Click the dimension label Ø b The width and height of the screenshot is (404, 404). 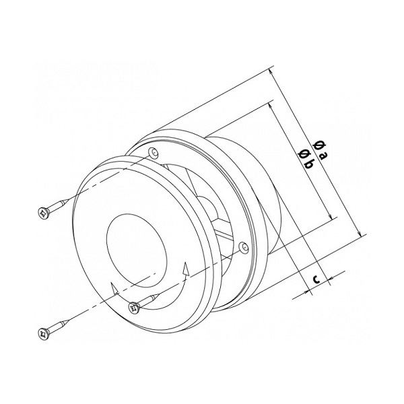pyautogui.click(x=306, y=160)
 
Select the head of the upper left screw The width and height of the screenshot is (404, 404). pyautogui.click(x=44, y=213)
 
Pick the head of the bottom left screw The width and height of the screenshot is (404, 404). pyautogui.click(x=43, y=333)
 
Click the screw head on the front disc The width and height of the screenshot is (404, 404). pyautogui.click(x=134, y=308)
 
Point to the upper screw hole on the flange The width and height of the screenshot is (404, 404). pyautogui.click(x=154, y=153)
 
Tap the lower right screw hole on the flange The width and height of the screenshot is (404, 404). pyautogui.click(x=244, y=248)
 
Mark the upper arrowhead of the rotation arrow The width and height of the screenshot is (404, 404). pyautogui.click(x=185, y=269)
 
